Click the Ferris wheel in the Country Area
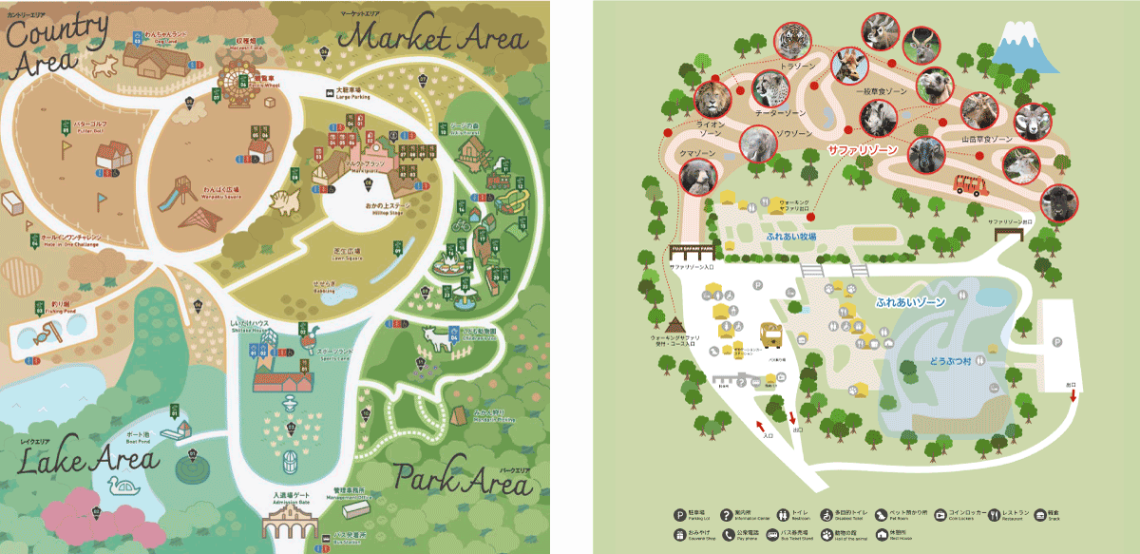tap(234, 84)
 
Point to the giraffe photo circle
tap(848, 67)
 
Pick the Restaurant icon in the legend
tap(994, 514)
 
